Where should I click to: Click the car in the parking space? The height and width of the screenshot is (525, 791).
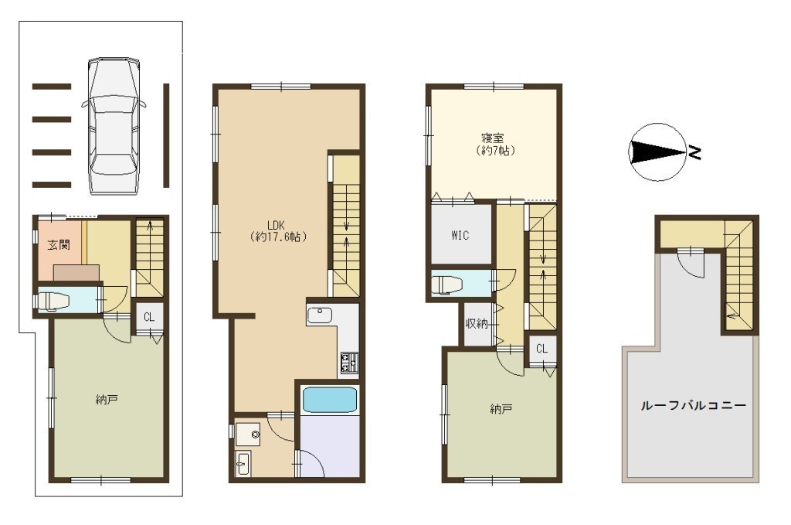[114, 126]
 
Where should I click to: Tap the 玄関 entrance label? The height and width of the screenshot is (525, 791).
[59, 245]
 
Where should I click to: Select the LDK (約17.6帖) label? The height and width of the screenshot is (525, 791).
[277, 230]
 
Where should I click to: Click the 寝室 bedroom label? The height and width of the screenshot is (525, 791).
[492, 138]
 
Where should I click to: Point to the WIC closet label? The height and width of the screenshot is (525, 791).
[460, 235]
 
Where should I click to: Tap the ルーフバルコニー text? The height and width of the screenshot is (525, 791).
[694, 405]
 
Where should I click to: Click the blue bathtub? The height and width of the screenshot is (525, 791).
[330, 400]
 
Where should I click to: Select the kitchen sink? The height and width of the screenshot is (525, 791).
[320, 315]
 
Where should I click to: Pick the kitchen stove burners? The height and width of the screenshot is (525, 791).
[349, 363]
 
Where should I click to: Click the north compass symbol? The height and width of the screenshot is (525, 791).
[659, 152]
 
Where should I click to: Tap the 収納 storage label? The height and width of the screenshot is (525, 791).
[477, 323]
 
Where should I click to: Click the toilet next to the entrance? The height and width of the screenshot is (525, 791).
[53, 301]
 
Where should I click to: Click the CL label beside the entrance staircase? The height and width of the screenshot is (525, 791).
[149, 317]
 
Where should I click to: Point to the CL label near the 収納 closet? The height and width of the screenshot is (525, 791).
[541, 349]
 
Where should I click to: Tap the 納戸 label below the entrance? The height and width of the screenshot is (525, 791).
[107, 401]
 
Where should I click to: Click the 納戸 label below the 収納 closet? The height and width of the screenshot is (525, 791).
[501, 408]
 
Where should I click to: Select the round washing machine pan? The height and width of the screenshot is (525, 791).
[248, 435]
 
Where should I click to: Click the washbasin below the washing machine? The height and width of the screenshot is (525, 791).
[243, 463]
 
